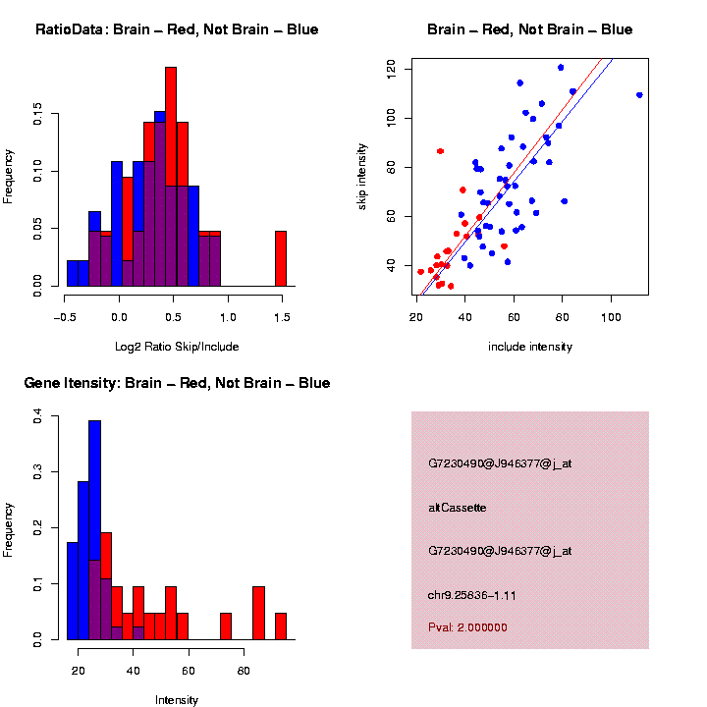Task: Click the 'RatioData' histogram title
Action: point(177,29)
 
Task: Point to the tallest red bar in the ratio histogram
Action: point(171,177)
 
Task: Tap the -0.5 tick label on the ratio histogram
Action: point(65,316)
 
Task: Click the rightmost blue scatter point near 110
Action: point(639,95)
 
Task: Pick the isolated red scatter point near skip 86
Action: point(441,151)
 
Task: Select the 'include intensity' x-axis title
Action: point(530,346)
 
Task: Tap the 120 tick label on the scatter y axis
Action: point(391,68)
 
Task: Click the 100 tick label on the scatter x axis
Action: point(611,316)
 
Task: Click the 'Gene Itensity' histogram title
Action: point(177,383)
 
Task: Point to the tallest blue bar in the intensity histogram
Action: point(95,530)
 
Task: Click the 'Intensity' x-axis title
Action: point(177,699)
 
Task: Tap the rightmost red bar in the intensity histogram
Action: point(281,625)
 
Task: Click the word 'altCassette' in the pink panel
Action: point(458,508)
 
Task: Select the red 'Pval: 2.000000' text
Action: point(467,627)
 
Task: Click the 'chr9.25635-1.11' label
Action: point(472,594)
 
